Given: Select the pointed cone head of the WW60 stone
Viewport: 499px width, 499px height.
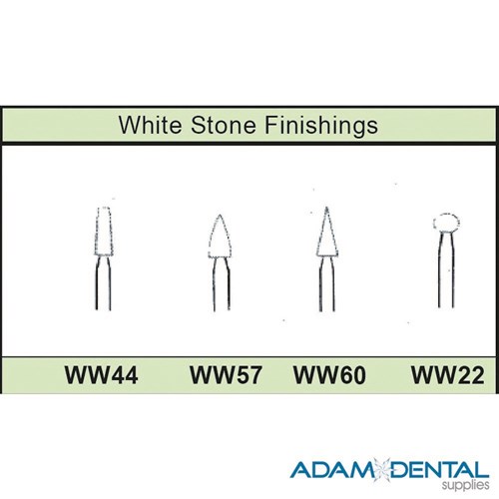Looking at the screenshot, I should point(323,238).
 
